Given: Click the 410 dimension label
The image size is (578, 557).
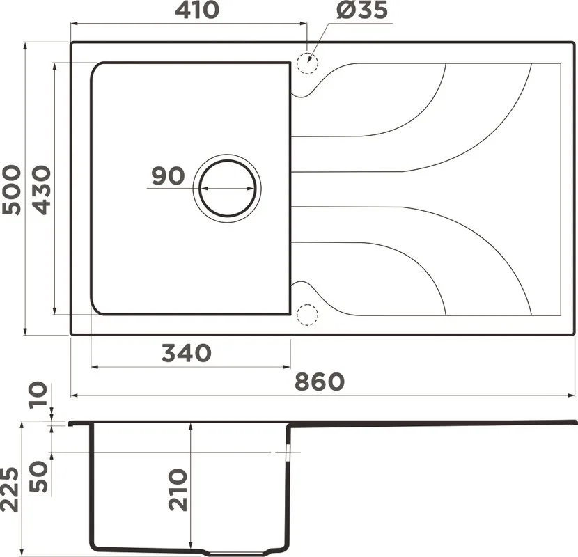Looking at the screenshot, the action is tap(197, 10).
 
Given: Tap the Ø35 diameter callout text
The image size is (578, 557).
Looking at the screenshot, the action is tap(362, 10).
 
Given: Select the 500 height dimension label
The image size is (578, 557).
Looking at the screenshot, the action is tap(11, 190).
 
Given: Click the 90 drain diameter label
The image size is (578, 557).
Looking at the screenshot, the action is tap(168, 176).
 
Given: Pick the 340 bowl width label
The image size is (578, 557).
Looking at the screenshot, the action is tap(187, 353).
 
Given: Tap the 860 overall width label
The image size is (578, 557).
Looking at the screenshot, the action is tap(320, 382).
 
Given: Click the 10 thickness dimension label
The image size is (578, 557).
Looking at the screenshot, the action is tap(39, 395).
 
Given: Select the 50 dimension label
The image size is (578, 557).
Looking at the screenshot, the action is tap(39, 476).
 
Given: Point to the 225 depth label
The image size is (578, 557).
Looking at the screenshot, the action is tap(10, 489).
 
